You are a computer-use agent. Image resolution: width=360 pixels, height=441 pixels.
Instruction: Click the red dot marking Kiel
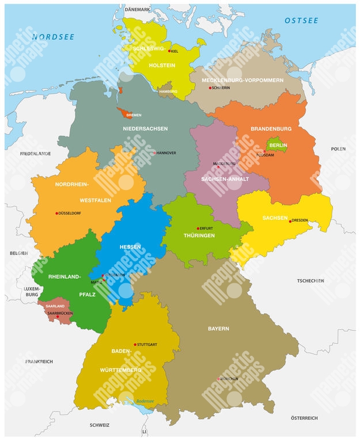[x=169, y=51]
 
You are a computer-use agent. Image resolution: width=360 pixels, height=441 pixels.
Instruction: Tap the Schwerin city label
[x=222, y=88]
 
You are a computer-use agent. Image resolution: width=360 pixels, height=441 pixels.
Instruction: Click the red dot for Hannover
[x=154, y=153]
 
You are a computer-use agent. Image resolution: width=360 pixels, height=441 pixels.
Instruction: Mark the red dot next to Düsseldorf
[x=56, y=213]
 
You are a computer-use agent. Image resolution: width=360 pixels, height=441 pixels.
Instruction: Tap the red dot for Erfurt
[x=198, y=229]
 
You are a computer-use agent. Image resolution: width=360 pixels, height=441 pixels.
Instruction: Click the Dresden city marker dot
[x=290, y=221]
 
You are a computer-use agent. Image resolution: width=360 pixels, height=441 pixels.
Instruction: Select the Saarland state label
[x=55, y=306]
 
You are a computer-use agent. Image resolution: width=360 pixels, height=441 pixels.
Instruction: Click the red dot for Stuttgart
[x=135, y=344]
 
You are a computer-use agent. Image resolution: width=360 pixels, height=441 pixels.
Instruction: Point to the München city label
[x=229, y=379]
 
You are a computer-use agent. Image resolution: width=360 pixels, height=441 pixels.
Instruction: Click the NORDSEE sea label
[x=53, y=36]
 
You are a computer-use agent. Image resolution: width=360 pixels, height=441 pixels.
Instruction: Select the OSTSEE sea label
[x=301, y=21]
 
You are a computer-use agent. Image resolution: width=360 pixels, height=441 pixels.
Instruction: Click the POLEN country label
[x=338, y=149]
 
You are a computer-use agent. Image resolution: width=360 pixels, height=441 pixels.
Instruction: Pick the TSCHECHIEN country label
[x=310, y=281]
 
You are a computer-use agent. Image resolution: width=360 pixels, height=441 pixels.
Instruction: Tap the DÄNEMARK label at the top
[x=137, y=10]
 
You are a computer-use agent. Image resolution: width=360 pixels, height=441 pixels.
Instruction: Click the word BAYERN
[x=218, y=329]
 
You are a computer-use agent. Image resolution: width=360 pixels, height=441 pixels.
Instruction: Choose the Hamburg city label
[x=168, y=92]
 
